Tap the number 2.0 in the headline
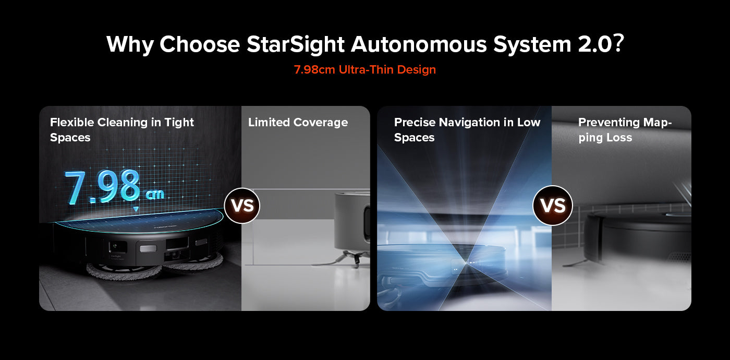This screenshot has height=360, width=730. click(x=595, y=44)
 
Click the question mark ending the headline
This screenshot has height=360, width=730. click(x=618, y=43)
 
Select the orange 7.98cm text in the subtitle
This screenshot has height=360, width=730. click(x=314, y=69)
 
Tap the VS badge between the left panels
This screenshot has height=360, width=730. click(x=242, y=206)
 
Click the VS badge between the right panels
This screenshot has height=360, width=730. click(x=553, y=206)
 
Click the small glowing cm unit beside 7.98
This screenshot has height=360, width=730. click(x=154, y=194)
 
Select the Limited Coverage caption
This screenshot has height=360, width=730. click(x=298, y=122)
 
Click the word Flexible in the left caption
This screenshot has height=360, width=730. click(x=72, y=122)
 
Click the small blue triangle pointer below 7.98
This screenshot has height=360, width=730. click(x=136, y=209)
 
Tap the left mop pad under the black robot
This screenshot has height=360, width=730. click(x=124, y=271)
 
